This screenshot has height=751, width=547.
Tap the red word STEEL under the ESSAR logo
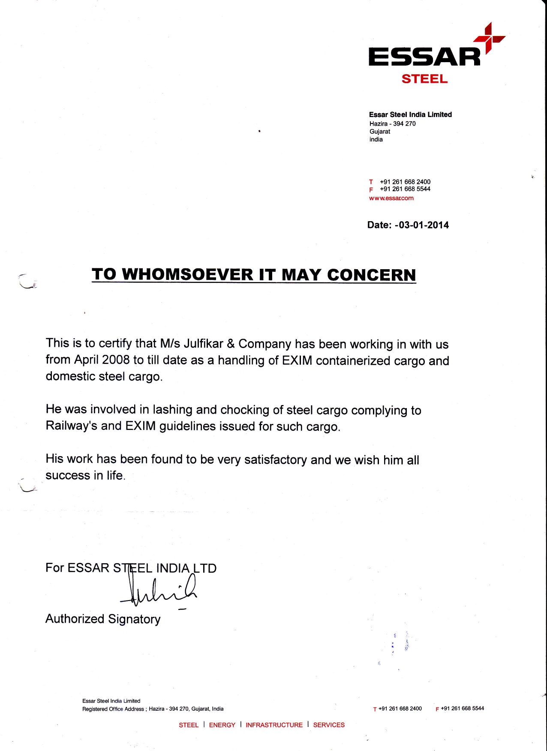click(x=424, y=79)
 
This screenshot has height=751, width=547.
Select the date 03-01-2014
click(x=424, y=225)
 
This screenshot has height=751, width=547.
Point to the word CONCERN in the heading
click(x=371, y=275)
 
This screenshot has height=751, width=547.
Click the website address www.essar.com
click(x=391, y=198)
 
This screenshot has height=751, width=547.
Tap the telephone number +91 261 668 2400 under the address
click(x=405, y=182)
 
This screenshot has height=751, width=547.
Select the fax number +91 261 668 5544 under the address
click(x=405, y=189)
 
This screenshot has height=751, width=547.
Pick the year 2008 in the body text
click(x=116, y=360)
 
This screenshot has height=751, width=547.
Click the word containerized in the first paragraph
click(x=353, y=361)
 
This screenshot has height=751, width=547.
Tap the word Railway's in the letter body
click(x=72, y=426)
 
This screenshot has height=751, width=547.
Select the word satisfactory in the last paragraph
click(x=275, y=460)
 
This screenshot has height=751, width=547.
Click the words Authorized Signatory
click(x=103, y=619)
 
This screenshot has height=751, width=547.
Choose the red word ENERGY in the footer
click(x=222, y=725)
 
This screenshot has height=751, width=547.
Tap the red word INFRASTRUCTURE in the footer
click(x=274, y=725)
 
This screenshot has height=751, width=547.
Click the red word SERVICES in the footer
click(x=329, y=725)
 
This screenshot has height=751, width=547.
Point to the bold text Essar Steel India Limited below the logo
click(x=410, y=114)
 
